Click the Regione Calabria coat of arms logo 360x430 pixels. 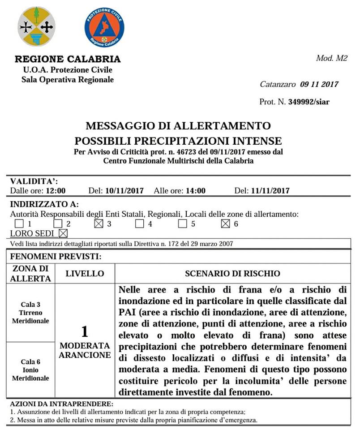[36, 26]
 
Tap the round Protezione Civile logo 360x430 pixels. [104, 27]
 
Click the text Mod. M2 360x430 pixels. [332, 58]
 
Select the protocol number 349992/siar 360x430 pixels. [309, 102]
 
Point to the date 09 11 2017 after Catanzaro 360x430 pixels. [319, 84]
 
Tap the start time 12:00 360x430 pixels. [56, 190]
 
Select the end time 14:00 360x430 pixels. [196, 190]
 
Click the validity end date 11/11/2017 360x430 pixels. [270, 190]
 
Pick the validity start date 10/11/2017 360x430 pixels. [124, 190]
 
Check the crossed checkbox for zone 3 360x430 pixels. [99, 224]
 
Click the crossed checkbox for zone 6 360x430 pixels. [226, 224]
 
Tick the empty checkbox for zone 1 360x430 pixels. [19, 224]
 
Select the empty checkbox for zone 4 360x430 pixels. [140, 224]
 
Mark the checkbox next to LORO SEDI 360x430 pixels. [63, 233]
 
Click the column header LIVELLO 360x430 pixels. [85, 273]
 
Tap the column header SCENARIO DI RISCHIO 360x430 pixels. [232, 273]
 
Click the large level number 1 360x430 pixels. [85, 332]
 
